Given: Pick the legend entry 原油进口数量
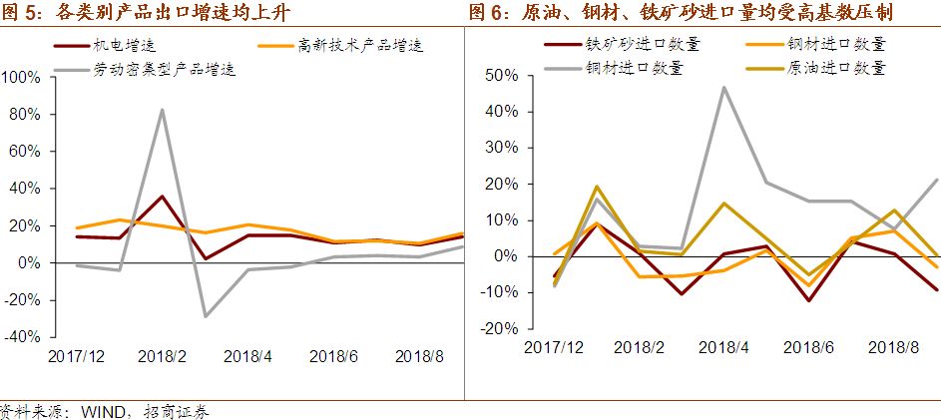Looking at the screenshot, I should (x=836, y=69).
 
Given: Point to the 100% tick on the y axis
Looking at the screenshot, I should (x=21, y=78).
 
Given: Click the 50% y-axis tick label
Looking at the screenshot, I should (x=499, y=76).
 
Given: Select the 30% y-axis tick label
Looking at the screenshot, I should (x=499, y=148).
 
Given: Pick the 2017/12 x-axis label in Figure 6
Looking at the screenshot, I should (x=554, y=346).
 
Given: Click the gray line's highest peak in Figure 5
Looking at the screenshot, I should (x=162, y=110).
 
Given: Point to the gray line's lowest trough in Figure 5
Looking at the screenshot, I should (x=205, y=316).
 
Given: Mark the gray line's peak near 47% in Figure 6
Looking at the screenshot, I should (x=723, y=88).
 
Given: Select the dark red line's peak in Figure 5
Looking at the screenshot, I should (x=162, y=196).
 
